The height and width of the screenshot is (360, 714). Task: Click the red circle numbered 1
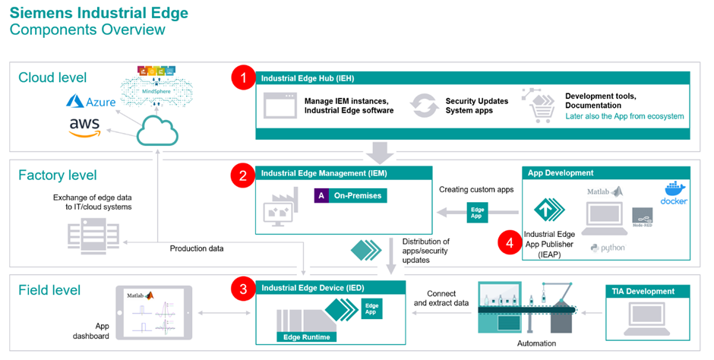coord(242,78)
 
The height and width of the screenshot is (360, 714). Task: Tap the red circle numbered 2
coord(242,175)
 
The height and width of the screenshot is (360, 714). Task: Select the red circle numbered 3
coord(242,289)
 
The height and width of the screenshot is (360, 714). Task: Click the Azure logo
coord(90,100)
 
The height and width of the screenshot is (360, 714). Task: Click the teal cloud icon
coord(156,134)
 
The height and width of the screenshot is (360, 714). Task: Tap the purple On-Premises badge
coord(350,195)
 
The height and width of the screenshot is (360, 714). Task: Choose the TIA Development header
coord(643,292)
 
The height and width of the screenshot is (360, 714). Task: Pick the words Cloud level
coord(52,77)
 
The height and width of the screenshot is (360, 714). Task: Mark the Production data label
coord(196,248)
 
